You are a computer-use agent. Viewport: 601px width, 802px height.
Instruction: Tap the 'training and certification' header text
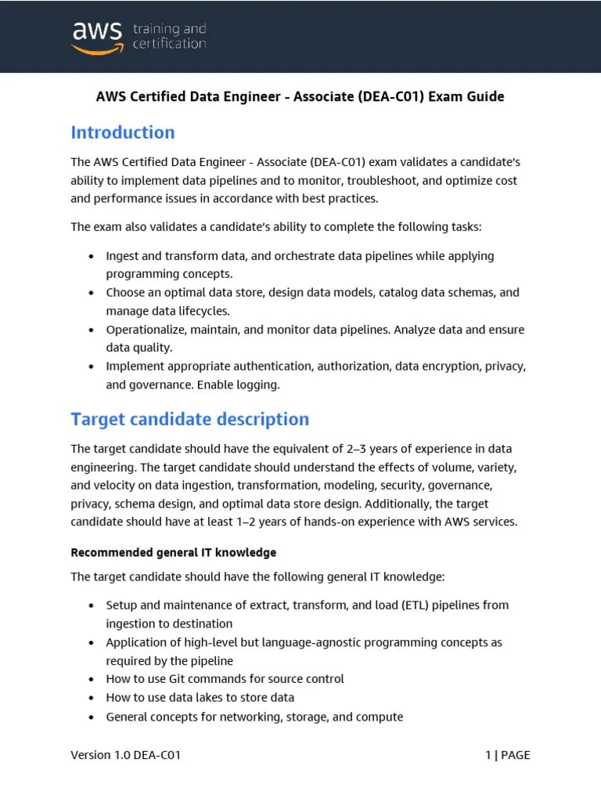pos(169,36)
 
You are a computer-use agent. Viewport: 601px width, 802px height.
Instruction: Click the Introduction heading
pos(123,132)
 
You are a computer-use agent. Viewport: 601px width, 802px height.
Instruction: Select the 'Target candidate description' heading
pos(190,419)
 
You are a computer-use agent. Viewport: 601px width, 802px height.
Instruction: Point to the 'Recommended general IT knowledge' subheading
pos(173,552)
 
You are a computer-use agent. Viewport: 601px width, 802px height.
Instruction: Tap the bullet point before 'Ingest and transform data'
pos(92,256)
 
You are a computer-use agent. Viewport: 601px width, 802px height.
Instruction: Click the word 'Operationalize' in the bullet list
pos(146,329)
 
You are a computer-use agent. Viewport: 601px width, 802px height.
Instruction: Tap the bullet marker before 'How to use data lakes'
pos(92,697)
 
